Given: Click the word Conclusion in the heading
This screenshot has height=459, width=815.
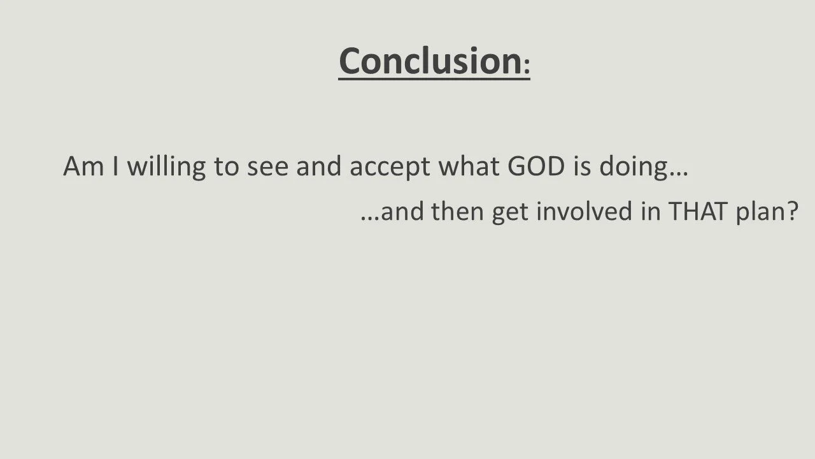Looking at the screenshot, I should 430,61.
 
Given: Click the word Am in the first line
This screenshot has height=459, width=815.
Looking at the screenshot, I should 83,167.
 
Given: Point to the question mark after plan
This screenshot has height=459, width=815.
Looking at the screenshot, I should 791,212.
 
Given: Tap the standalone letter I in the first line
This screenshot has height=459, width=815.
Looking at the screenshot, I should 117,167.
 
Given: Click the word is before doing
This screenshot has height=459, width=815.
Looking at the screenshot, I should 584,167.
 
